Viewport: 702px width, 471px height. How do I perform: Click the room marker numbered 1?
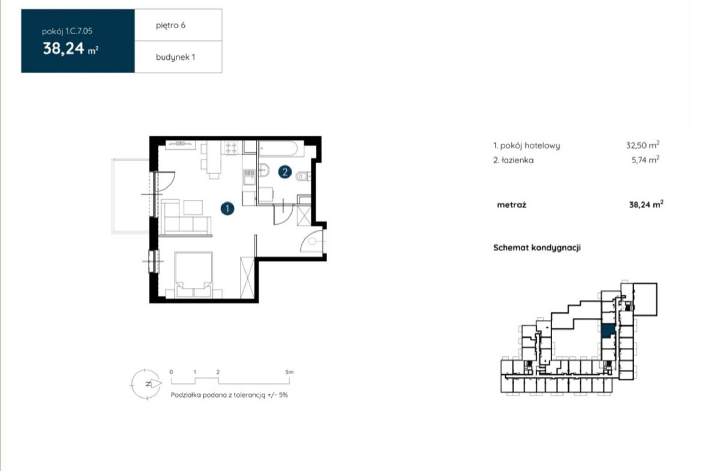click(x=227, y=208)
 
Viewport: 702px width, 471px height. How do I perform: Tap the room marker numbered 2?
click(x=285, y=172)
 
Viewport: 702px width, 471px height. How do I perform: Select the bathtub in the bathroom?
click(x=278, y=149)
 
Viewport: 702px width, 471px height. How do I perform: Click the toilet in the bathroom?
click(x=304, y=176)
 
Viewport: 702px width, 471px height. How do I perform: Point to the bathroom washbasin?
click(x=263, y=170)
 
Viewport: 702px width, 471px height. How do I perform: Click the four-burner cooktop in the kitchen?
click(x=232, y=148)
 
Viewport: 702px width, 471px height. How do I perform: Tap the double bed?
click(x=193, y=275)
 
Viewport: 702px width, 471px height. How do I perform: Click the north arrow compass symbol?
click(x=146, y=383)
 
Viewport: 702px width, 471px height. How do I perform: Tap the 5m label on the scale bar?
click(x=289, y=372)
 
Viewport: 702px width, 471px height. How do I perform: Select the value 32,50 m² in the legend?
click(x=643, y=145)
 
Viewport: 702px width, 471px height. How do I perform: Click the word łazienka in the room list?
click(x=517, y=160)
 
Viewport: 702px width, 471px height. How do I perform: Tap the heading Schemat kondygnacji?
click(x=537, y=248)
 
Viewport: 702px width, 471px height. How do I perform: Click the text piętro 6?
click(x=170, y=25)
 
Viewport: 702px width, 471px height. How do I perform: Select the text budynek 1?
click(x=175, y=57)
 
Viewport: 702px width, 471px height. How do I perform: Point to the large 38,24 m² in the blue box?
click(x=70, y=49)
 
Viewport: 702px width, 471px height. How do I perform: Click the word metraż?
click(x=512, y=205)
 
